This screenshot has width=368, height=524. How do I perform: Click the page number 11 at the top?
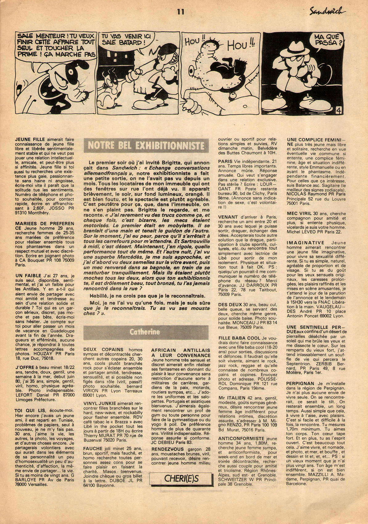(181, 12)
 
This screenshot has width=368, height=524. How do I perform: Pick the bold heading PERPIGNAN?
(300, 383)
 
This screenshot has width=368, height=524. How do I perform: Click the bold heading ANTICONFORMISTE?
(241, 438)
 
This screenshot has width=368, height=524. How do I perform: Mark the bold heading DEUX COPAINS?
(103, 350)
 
